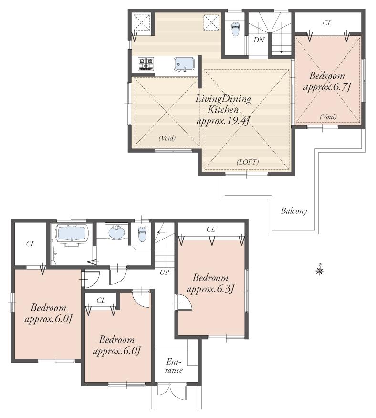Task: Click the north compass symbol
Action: pyautogui.click(x=320, y=271)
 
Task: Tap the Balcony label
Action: pyautogui.click(x=293, y=210)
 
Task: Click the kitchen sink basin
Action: pyautogui.click(x=184, y=63)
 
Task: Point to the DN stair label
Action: pyautogui.click(x=259, y=40)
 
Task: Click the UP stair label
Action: pyautogui.click(x=164, y=272)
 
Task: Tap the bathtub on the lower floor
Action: pyautogui.click(x=72, y=234)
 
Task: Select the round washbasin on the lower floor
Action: pyautogui.click(x=117, y=232)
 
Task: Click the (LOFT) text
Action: pyautogui.click(x=247, y=162)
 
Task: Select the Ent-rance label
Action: pyautogui.click(x=175, y=366)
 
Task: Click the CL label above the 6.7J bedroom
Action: pyautogui.click(x=327, y=22)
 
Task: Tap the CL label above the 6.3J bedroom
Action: pyautogui.click(x=210, y=230)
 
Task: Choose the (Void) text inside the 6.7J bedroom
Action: pyautogui.click(x=328, y=117)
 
